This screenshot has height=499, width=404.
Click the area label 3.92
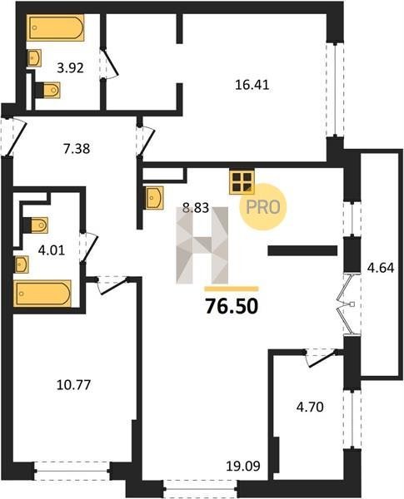click(70, 68)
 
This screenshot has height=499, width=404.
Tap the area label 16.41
click(252, 85)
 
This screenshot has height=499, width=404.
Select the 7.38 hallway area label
click(77, 149)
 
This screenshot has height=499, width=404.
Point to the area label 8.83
click(196, 208)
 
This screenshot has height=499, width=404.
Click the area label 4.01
click(52, 250)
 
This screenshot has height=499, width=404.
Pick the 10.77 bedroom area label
click(73, 385)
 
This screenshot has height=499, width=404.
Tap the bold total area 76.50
click(232, 306)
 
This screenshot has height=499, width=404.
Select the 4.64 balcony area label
click(381, 268)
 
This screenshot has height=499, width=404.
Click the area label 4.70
click(310, 407)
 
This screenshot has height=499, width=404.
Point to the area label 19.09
click(243, 467)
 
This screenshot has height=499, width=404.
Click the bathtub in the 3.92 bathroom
click(55, 27)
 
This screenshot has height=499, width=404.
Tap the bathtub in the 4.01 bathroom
click(42, 294)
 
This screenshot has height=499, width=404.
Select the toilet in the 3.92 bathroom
click(47, 90)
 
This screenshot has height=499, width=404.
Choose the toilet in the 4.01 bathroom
click(36, 225)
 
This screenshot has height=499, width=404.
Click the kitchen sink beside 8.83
click(154, 198)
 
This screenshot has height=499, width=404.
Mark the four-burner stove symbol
click(242, 182)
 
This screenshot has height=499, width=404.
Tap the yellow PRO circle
click(263, 207)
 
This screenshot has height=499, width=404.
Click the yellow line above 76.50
click(232, 289)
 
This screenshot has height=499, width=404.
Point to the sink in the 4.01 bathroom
click(22, 264)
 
